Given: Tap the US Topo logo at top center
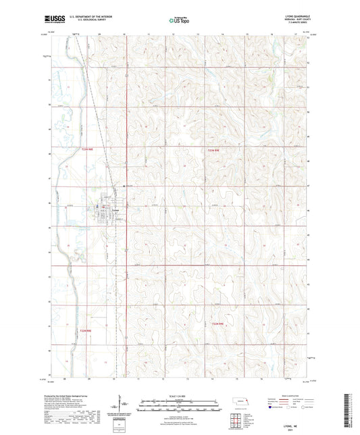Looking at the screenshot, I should coord(180,21).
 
